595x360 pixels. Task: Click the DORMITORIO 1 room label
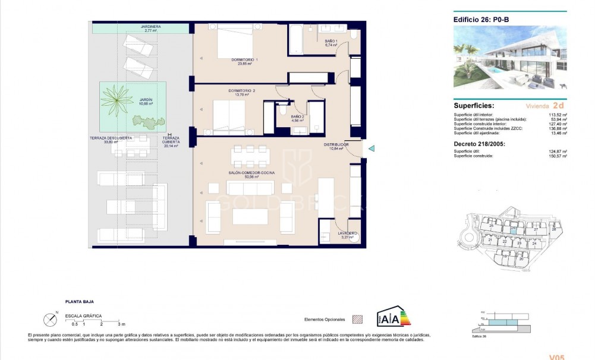tap(244, 59)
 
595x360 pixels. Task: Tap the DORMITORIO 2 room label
tap(241, 91)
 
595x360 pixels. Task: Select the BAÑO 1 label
tap(331, 41)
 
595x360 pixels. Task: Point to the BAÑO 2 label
tap(298, 117)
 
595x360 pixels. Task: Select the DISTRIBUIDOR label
tap(336, 144)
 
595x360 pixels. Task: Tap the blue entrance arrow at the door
tap(371, 149)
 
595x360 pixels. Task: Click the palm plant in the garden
tap(117, 98)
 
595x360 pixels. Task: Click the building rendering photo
tap(510, 58)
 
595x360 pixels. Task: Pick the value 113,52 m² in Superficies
tap(556, 114)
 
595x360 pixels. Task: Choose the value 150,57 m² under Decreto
tap(556, 156)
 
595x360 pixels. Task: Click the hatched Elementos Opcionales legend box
tap(357, 319)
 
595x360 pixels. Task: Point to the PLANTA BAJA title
tap(80, 302)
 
